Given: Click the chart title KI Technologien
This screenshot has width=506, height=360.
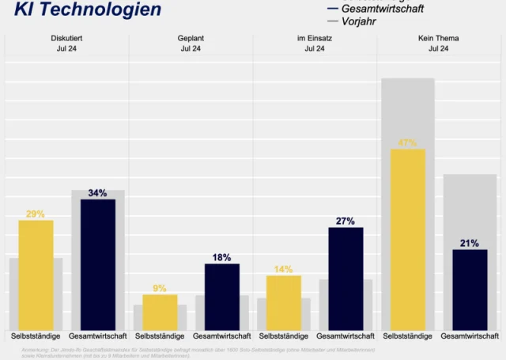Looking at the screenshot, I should [87, 10].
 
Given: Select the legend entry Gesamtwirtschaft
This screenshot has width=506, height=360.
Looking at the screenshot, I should [382, 8].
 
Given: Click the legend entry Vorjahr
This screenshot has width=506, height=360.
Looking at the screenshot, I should [358, 21].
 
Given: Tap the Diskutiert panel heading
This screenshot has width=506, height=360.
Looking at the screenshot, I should [66, 38].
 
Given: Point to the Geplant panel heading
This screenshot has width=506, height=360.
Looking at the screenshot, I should [191, 38].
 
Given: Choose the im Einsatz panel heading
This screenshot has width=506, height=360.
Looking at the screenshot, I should [315, 38].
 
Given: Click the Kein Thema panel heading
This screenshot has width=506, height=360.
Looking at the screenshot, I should [438, 38].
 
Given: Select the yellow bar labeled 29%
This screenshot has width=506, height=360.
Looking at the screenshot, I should [36, 275].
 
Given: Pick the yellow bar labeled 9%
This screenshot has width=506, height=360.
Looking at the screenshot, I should [160, 312].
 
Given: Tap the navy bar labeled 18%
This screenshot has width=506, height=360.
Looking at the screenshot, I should [222, 296].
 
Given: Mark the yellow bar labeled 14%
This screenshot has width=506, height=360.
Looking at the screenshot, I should [284, 302].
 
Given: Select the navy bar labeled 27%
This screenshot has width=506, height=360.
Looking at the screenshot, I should [346, 278].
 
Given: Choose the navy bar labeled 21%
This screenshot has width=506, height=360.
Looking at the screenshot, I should [470, 289].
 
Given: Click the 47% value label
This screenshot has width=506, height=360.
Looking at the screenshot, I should [408, 143].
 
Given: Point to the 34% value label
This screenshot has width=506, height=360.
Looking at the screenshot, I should [98, 193].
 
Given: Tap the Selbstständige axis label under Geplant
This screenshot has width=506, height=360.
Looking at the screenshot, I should [160, 336].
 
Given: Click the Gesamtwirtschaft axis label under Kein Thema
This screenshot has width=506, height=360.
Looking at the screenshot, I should [470, 336].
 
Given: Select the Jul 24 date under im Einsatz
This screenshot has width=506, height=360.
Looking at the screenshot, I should [315, 49].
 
